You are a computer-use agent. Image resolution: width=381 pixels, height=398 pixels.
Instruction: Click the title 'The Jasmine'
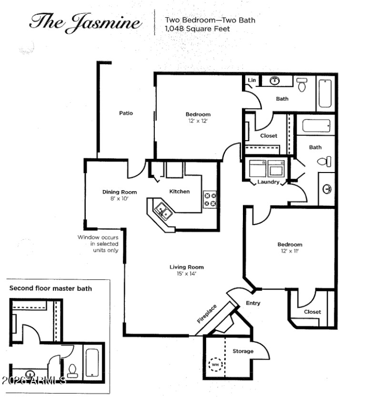(85, 23)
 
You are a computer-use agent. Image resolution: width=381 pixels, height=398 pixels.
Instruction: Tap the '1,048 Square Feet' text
(197, 29)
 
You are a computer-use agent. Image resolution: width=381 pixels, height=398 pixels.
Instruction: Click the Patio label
(126, 113)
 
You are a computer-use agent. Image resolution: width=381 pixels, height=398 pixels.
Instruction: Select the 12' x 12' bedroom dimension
(198, 121)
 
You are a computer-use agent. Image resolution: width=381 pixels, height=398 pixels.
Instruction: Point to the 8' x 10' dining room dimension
(119, 198)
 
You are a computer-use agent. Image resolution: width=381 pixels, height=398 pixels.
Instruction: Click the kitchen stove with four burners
(210, 200)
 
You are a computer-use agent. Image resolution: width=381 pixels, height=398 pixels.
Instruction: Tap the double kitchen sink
(163, 211)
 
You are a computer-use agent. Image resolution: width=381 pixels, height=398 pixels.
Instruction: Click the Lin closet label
(252, 80)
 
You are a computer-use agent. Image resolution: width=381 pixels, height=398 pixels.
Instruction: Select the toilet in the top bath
(301, 85)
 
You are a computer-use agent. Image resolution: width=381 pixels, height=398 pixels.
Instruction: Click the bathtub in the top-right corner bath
(325, 93)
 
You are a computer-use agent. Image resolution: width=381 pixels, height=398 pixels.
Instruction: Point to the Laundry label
(268, 182)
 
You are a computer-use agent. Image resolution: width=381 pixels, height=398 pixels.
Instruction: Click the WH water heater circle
(215, 365)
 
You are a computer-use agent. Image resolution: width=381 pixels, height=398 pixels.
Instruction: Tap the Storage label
(243, 351)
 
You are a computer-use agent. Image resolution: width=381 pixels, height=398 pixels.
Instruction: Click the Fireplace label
(207, 314)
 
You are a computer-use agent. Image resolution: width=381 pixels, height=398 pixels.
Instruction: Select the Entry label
(253, 303)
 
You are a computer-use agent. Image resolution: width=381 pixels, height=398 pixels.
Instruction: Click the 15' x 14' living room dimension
(186, 274)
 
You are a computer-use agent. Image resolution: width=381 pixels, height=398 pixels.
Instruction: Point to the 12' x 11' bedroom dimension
(290, 251)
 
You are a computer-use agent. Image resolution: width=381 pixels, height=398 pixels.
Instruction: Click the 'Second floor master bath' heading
(50, 288)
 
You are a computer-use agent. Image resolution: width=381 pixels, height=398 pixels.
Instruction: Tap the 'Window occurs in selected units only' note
(98, 244)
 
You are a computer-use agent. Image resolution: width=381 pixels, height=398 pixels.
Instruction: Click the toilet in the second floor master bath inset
(72, 371)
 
